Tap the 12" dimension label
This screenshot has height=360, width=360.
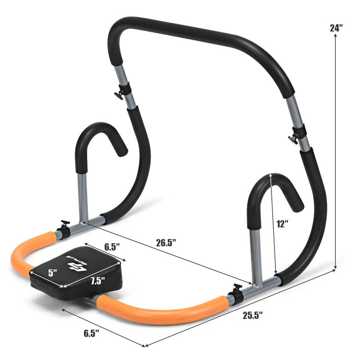pos(283,224)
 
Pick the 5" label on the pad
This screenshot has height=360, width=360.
pos(53,272)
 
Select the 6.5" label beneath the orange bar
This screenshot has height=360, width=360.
pos(91,333)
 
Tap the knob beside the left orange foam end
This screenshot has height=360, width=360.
pos(63,229)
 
